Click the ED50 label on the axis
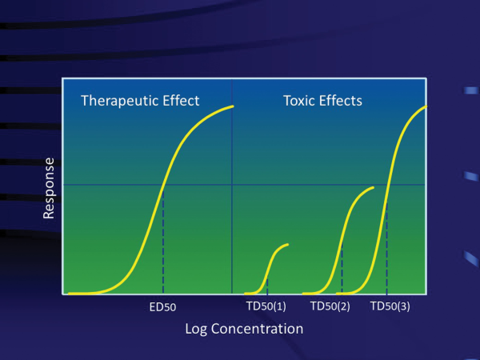(162, 307)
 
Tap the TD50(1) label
(266, 306)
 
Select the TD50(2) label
(330, 306)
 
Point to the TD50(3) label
(390, 306)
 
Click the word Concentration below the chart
(257, 329)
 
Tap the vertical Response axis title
(49, 188)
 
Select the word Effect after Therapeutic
(181, 101)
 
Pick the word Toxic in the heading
(298, 101)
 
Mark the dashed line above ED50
(163, 242)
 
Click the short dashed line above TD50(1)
(267, 286)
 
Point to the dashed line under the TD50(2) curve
(342, 268)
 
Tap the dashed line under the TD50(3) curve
(386, 248)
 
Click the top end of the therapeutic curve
(233, 106)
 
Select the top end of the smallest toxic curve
(287, 244)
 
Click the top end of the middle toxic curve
(373, 187)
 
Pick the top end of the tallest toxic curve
(426, 106)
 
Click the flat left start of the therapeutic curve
(69, 294)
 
